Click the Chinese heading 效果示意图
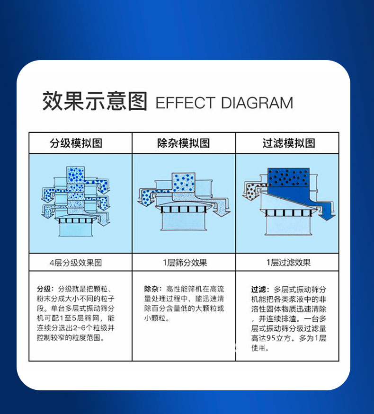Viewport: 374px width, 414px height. [95, 101]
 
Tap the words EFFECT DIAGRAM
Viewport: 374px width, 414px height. [224, 103]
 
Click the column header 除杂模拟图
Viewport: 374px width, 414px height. [184, 143]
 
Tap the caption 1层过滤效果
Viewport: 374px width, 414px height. [288, 263]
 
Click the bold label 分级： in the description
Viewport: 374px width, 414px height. [45, 289]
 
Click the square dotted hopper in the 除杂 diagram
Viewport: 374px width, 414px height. [183, 183]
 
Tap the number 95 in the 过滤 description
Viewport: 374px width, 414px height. [271, 338]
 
